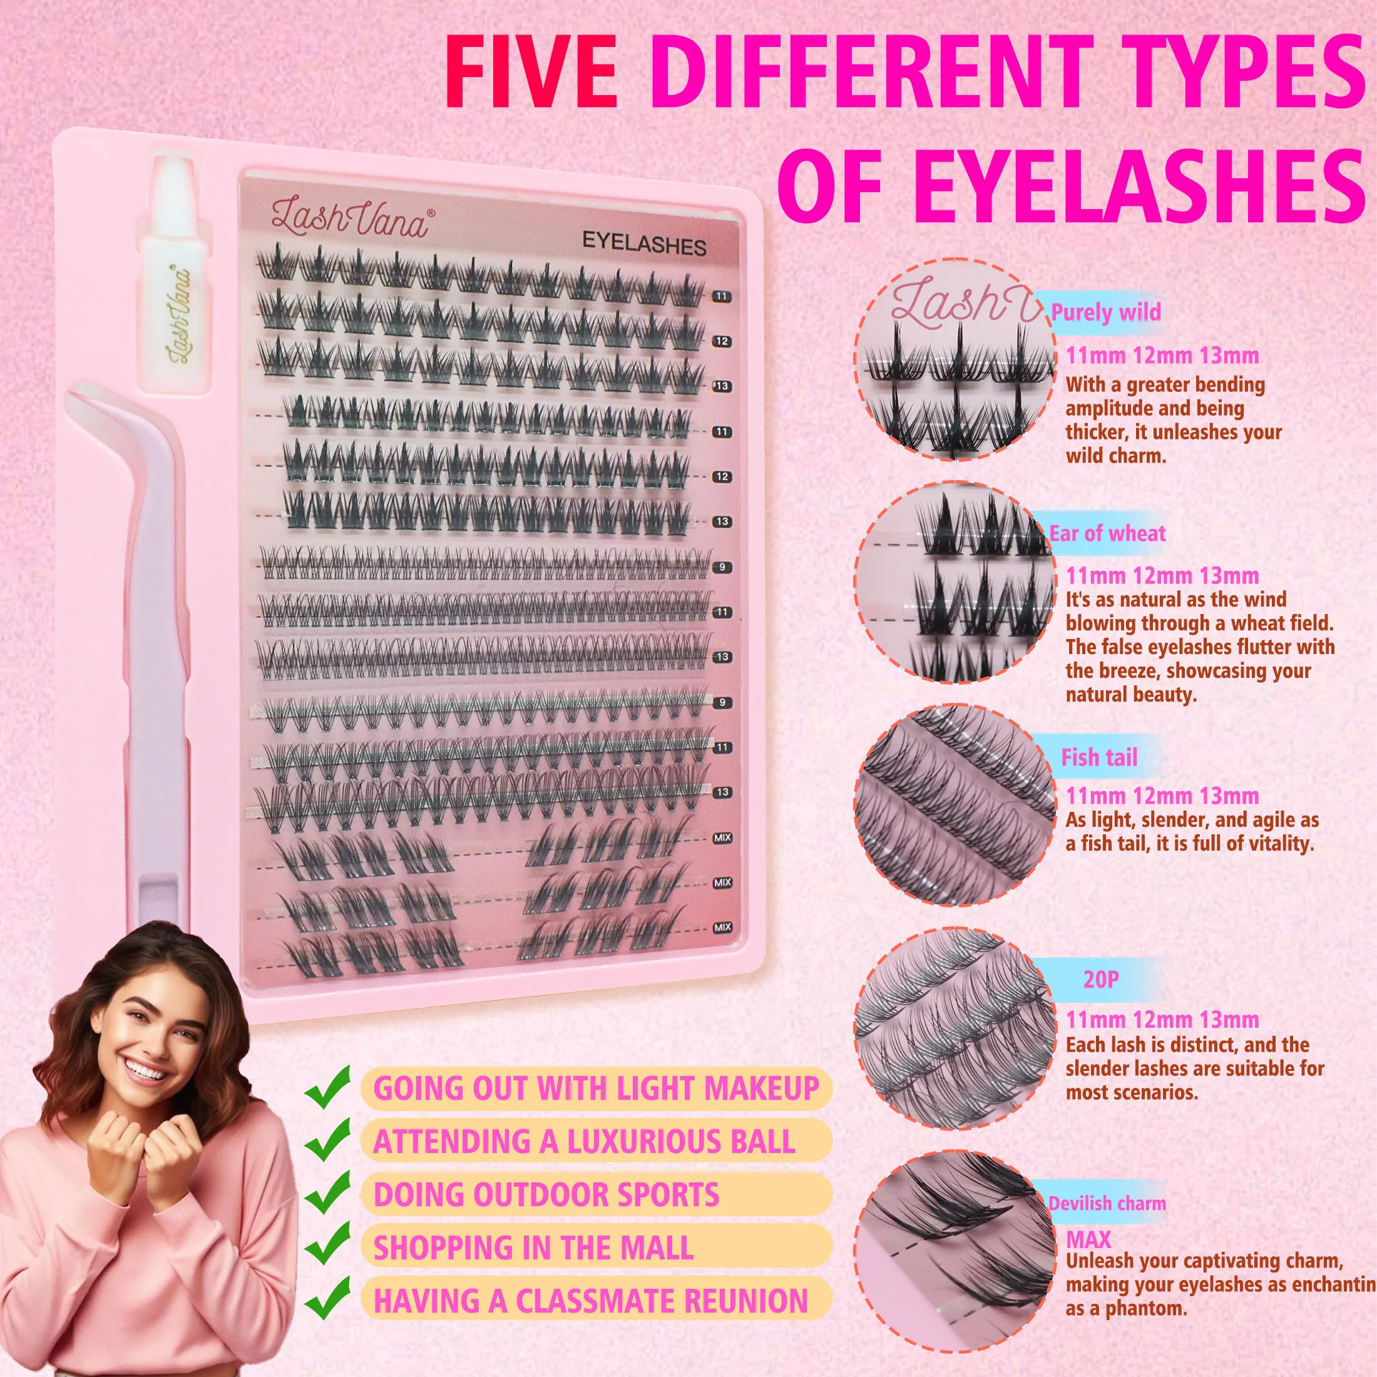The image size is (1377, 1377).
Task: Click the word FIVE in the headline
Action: click(x=531, y=75)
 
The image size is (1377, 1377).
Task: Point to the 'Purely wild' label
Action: click(x=1105, y=312)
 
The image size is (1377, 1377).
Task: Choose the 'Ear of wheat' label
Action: click(x=1107, y=533)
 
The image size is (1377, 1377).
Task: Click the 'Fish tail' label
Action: click(x=1099, y=757)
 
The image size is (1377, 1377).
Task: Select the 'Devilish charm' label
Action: click(x=1106, y=1203)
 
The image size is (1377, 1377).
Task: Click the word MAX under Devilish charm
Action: click(x=1088, y=1239)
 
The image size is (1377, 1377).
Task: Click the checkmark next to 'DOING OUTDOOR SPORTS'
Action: click(x=327, y=1192)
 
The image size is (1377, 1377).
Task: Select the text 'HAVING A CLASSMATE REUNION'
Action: click(x=591, y=1300)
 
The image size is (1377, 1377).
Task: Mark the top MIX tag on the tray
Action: click(x=722, y=838)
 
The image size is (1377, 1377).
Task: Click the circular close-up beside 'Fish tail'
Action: click(x=955, y=806)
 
